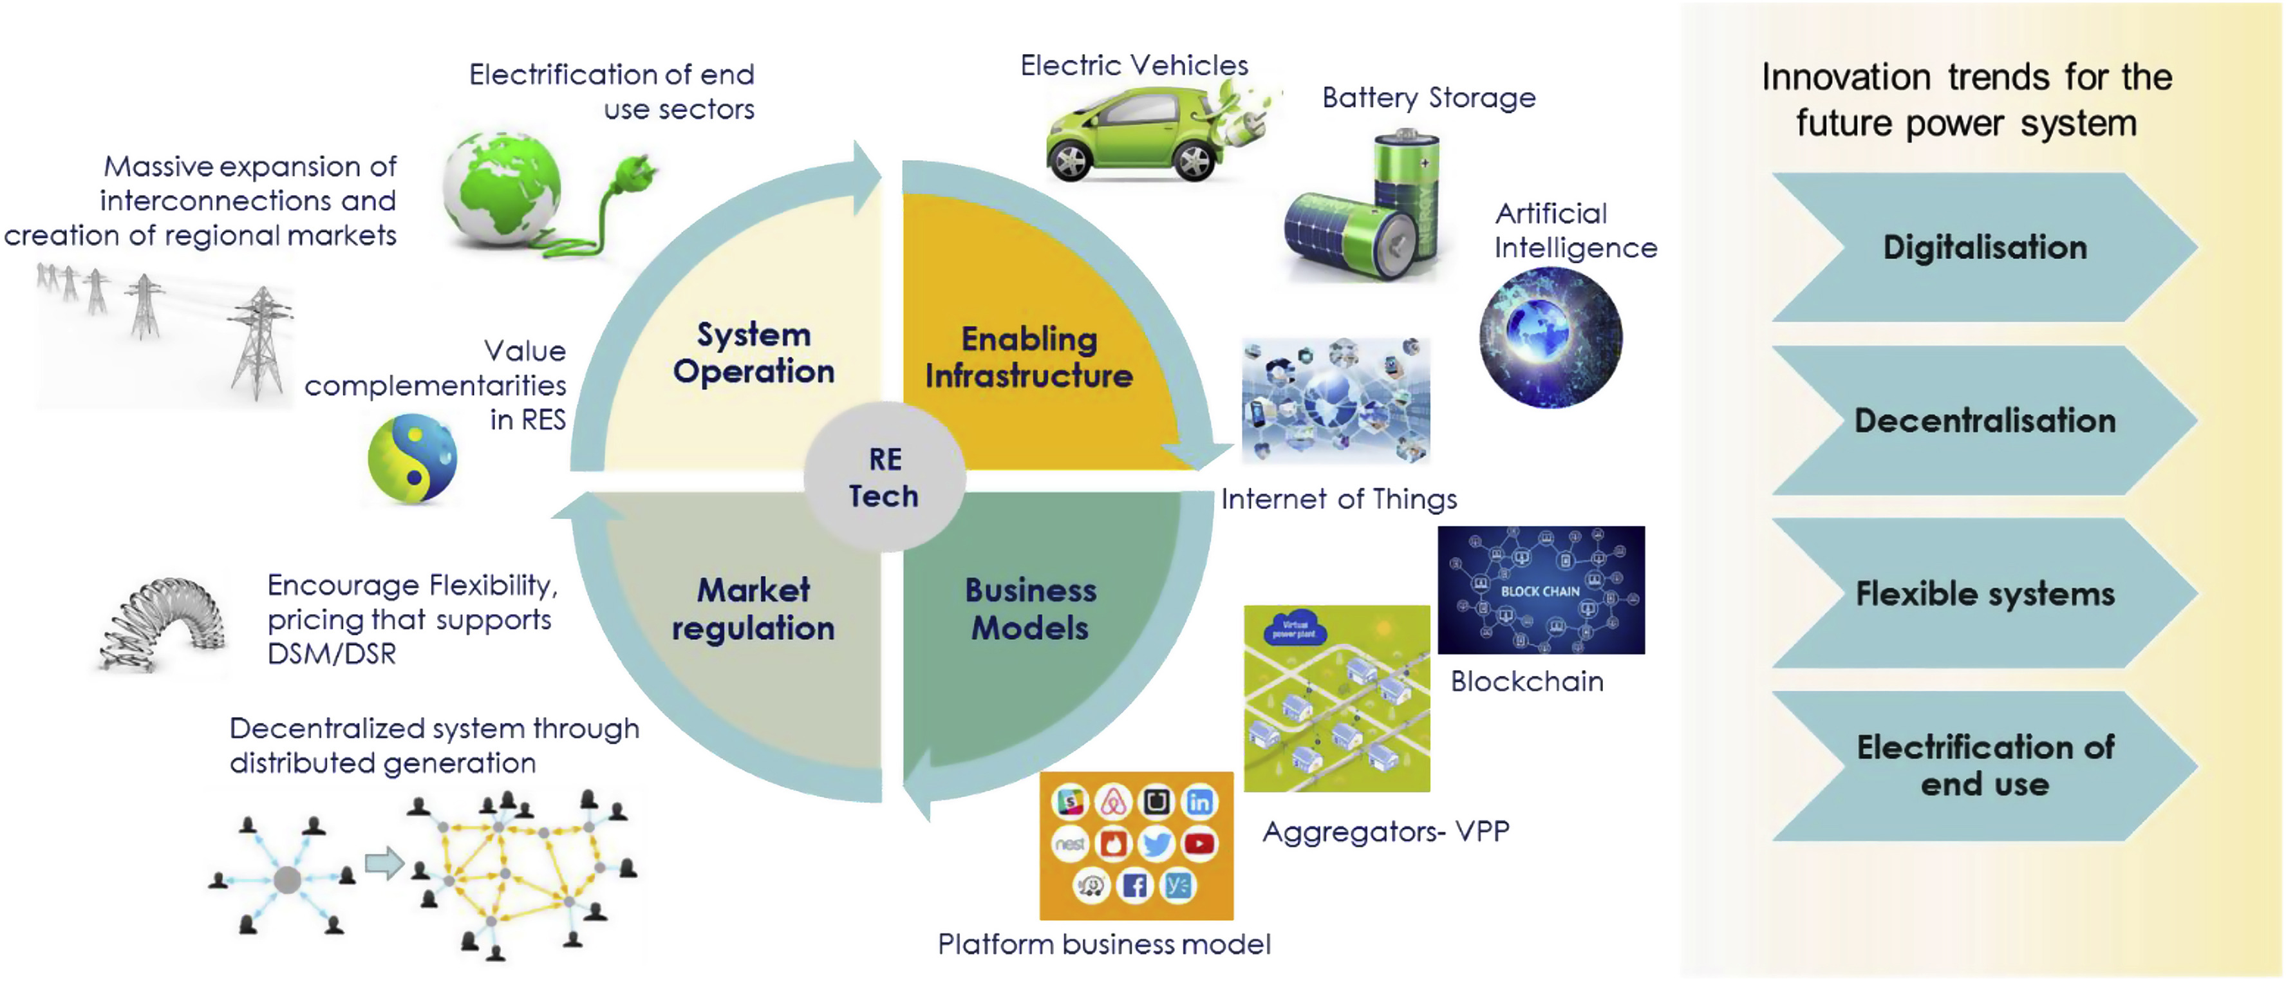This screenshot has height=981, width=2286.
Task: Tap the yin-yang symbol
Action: [413, 460]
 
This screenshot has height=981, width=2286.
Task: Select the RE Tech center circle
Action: [884, 477]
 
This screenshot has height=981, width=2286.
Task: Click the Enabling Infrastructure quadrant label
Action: [1029, 357]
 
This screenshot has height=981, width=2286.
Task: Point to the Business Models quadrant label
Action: [1029, 610]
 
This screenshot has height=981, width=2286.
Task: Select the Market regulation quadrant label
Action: [753, 610]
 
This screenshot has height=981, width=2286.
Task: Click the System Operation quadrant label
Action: [753, 353]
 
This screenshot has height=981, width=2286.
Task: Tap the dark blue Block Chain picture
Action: [1541, 590]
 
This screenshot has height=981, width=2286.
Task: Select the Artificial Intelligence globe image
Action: [1550, 338]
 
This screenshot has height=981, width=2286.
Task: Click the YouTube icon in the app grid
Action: [1199, 843]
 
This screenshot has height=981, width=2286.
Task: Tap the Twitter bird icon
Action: [1156, 843]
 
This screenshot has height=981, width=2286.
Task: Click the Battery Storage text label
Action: [1428, 98]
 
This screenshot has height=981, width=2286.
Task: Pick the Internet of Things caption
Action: [1338, 500]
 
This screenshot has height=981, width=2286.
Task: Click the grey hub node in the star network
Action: [286, 880]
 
